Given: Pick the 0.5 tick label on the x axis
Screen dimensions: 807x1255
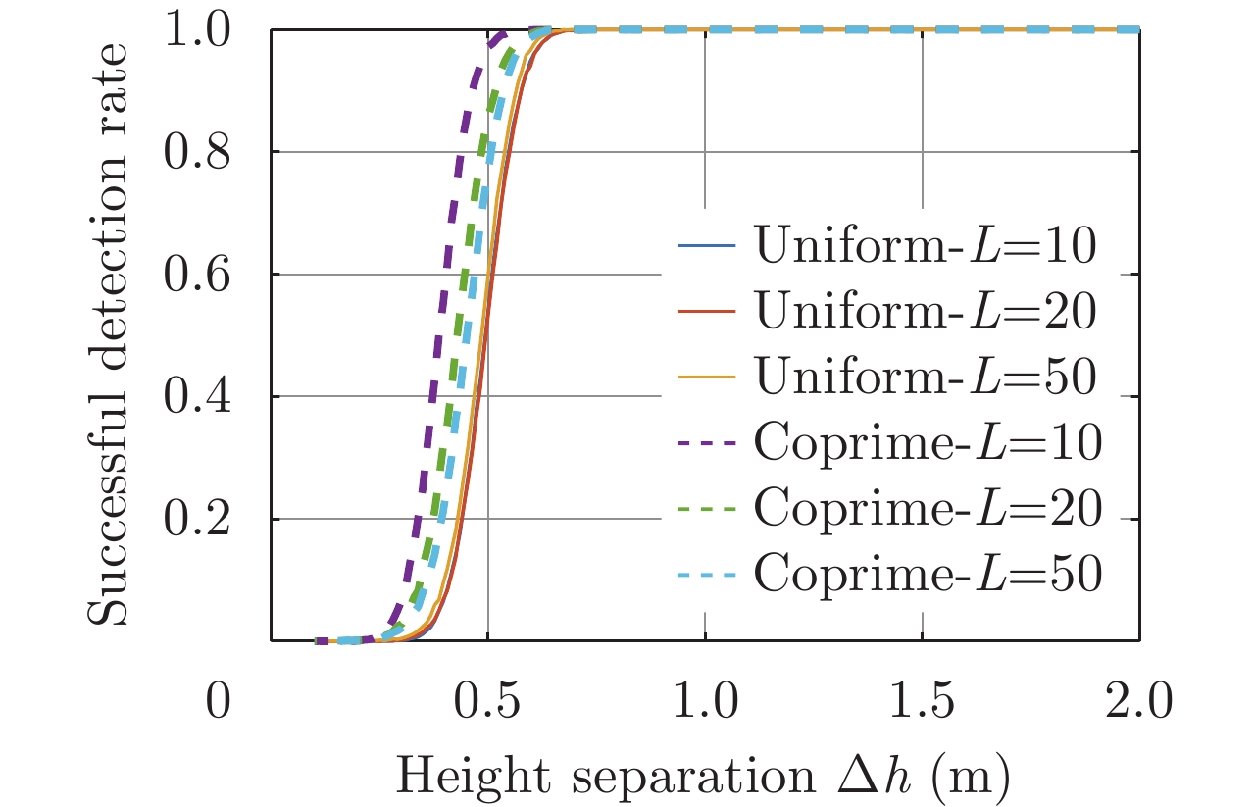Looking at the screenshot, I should tap(488, 703).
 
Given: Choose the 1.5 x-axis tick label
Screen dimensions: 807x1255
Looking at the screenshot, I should tap(923, 703).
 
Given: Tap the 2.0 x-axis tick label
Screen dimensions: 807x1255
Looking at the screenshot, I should tap(1139, 703).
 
